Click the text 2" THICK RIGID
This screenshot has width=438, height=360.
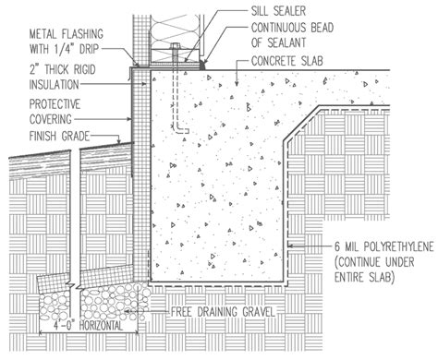click(62, 67)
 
